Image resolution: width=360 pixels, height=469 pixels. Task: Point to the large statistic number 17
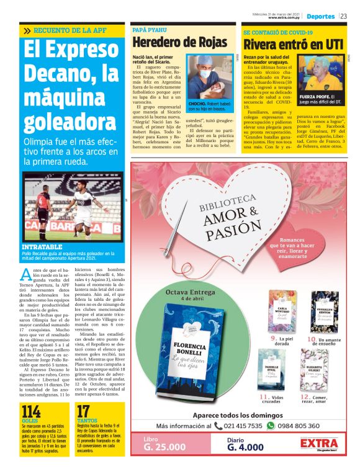click(83, 411)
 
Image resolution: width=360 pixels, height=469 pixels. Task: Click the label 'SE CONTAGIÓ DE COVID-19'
click(277, 32)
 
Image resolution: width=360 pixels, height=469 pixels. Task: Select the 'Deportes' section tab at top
click(320, 16)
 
